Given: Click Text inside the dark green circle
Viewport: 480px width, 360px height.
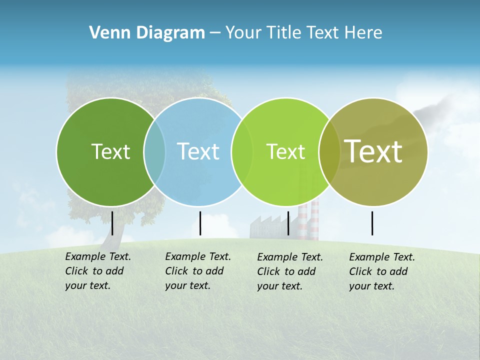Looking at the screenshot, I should click(x=110, y=151).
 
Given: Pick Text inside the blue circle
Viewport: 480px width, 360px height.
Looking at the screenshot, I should click(x=198, y=151).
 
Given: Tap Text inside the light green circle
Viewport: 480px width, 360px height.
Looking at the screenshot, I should click(x=285, y=151).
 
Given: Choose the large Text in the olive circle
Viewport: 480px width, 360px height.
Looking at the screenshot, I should click(x=373, y=151).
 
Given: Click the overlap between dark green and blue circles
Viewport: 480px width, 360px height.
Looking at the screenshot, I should click(x=154, y=151).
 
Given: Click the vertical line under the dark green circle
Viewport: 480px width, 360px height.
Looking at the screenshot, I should click(x=112, y=223).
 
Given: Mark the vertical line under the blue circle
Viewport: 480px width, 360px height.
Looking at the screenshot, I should click(x=200, y=223).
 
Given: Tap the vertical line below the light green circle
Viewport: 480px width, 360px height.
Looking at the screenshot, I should click(x=288, y=223).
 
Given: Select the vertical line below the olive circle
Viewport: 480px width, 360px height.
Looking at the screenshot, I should click(x=372, y=223).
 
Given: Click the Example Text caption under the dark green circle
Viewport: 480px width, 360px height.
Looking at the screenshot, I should click(x=97, y=271).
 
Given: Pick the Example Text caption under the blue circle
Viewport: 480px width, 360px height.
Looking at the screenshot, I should click(x=197, y=271).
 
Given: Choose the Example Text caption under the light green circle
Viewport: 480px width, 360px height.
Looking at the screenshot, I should click(x=289, y=271).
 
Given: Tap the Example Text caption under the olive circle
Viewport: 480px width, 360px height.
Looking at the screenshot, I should click(x=381, y=271).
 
